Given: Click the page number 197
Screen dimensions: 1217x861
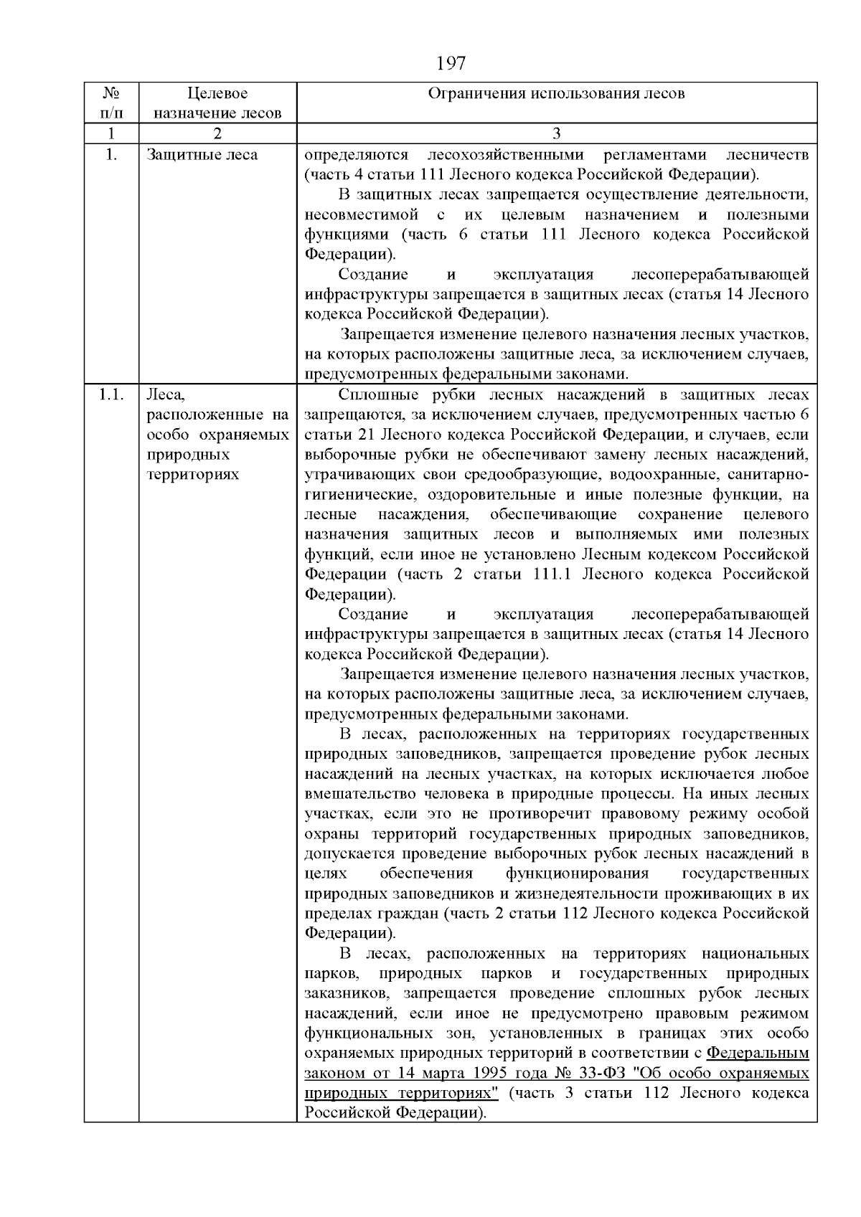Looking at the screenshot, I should [451, 65].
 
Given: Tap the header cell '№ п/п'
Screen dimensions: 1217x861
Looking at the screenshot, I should [110, 103].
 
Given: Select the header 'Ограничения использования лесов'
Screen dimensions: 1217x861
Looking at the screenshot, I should [556, 93].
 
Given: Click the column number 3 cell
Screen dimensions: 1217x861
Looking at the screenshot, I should [556, 133].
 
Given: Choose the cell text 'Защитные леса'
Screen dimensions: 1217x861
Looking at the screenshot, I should [202, 155].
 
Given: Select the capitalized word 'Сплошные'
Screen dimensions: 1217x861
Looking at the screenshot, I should [372, 394].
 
